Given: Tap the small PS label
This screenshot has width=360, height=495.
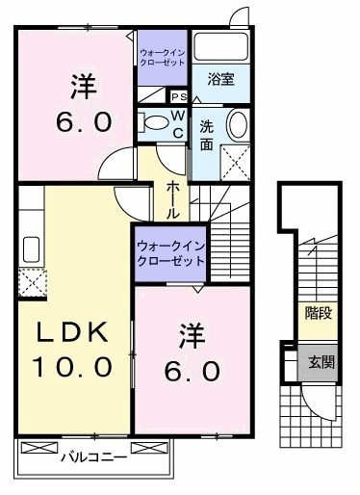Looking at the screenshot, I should pos(178,97).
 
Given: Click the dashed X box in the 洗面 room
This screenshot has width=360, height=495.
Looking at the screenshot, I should pos(236,161).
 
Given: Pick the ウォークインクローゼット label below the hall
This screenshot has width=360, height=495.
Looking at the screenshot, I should pos(169,252).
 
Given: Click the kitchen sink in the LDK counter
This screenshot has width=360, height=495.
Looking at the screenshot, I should pos(29,247).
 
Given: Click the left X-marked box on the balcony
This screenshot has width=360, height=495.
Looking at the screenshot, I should pos(39,449).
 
